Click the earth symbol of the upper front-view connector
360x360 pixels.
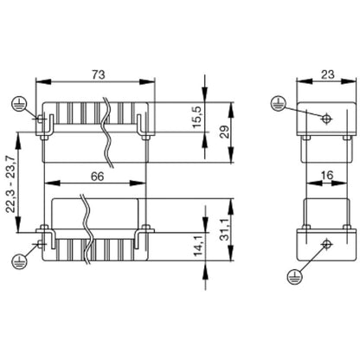point(18,105)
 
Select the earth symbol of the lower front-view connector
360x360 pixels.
point(18,258)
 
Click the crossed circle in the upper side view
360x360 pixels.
point(325,119)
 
